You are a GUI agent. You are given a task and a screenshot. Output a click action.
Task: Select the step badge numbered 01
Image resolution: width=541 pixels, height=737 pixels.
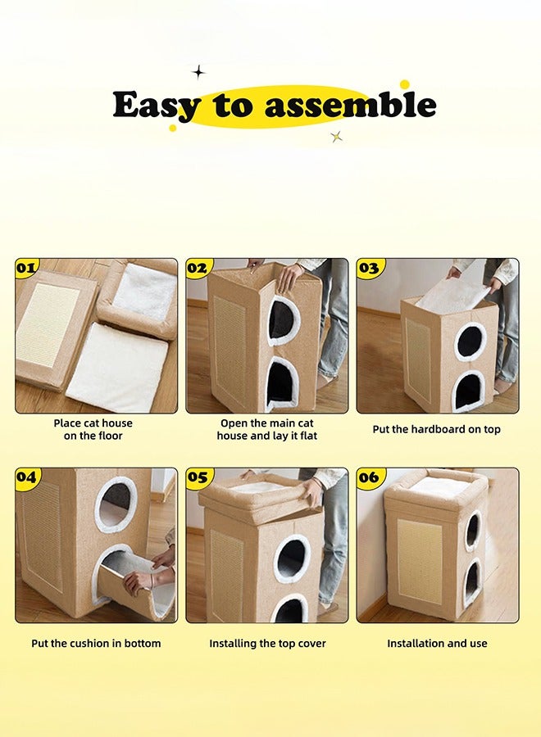click(27, 268)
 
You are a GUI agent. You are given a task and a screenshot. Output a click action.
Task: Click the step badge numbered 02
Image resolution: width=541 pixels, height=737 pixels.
click(198, 268)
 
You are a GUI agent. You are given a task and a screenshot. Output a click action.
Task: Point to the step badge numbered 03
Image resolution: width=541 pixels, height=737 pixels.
click(369, 268)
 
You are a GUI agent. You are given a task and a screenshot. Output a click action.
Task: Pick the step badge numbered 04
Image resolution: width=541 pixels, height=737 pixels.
click(27, 477)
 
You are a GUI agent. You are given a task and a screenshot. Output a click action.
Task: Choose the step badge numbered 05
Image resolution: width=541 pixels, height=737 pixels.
click(198, 477)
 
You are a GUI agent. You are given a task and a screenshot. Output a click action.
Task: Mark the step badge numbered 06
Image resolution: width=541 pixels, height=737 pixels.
click(369, 477)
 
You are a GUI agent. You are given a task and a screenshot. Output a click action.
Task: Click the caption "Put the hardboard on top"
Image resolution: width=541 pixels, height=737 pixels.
click(436, 429)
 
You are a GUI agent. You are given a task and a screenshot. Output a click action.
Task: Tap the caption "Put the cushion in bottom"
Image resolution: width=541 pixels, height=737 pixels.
click(96, 643)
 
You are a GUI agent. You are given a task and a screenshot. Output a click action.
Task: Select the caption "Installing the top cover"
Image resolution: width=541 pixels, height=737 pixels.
click(267, 643)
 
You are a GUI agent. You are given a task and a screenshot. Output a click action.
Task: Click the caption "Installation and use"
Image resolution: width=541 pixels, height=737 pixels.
click(437, 643)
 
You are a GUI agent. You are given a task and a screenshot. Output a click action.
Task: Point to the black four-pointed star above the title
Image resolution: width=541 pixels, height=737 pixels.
click(198, 72)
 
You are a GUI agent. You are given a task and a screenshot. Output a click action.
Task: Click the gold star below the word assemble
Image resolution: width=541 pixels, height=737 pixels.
click(336, 136)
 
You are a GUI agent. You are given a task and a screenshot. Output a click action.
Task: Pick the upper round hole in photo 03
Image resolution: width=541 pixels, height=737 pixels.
click(471, 341)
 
